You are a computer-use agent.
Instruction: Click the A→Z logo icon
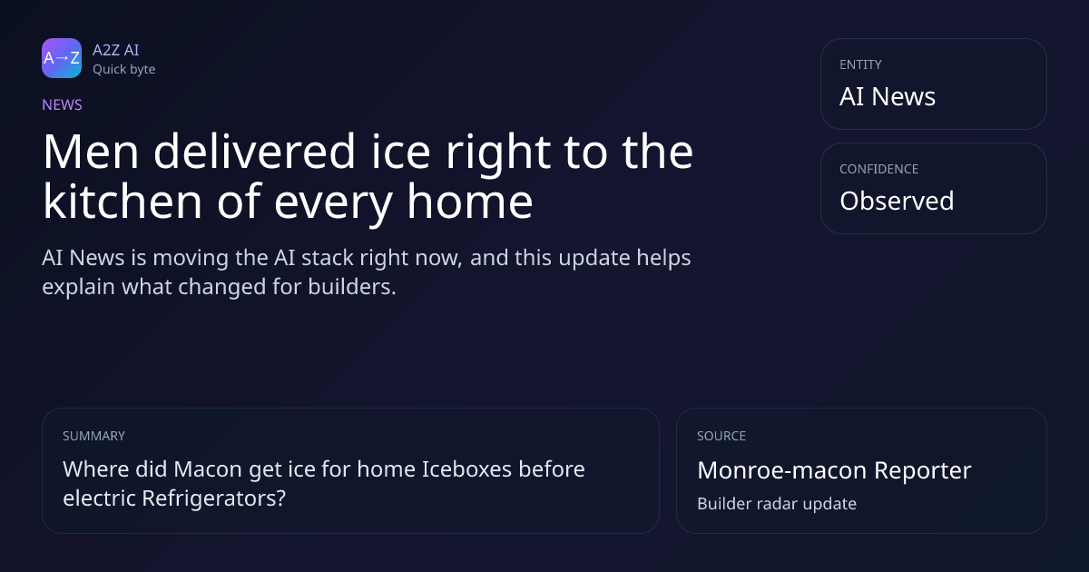[62, 58]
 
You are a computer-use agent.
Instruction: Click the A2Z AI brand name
[116, 50]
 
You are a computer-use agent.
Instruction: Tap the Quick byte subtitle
[124, 70]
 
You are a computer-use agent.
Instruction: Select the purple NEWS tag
[63, 105]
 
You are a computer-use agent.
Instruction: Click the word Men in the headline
[91, 153]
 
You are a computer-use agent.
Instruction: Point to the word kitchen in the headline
[123, 202]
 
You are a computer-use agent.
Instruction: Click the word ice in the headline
[400, 153]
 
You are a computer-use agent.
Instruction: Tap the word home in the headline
[470, 202]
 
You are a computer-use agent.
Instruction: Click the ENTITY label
[860, 64]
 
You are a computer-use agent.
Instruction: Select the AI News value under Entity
[888, 96]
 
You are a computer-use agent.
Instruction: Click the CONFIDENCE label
[879, 169]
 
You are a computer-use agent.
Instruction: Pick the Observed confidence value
[897, 201]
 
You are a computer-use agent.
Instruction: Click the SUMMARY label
[93, 436]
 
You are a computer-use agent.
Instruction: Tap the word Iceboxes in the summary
[466, 469]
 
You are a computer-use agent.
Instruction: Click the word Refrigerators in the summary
[214, 498]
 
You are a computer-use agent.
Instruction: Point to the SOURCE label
[721, 436]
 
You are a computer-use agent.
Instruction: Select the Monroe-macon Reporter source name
[834, 470]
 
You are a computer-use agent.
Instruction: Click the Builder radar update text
[777, 504]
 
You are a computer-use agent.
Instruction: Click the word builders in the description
[352, 287]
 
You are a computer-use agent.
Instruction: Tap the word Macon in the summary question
[208, 469]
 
